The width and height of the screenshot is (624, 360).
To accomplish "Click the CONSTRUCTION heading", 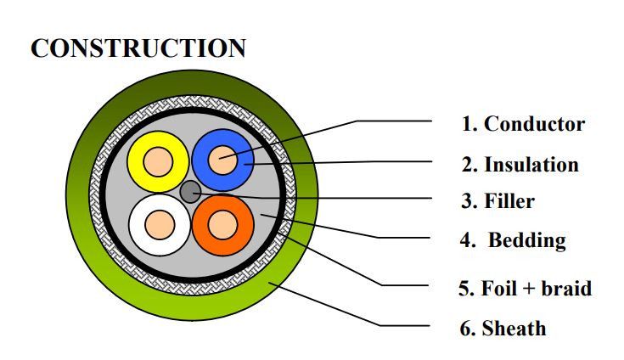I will point(138,48).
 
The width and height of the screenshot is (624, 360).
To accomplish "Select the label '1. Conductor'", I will point(523,124).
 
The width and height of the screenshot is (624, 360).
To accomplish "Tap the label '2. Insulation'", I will point(520,164).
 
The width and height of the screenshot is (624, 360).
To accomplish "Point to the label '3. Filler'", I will point(498,202).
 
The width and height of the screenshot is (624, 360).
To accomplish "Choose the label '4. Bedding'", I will point(513,240).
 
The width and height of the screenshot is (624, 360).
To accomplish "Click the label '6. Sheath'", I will point(503,328).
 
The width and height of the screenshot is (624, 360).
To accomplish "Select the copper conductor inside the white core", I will point(159,224).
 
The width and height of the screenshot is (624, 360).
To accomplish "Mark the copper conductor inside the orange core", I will point(223,224).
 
